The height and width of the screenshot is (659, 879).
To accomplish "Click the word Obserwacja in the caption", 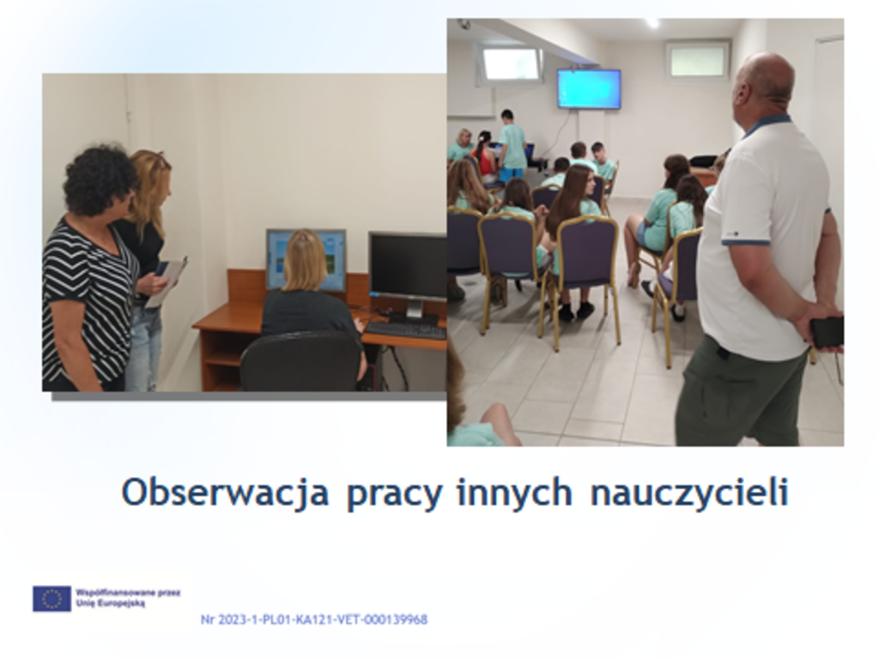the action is [225, 493].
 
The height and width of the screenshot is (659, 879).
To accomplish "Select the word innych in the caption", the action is [515, 493].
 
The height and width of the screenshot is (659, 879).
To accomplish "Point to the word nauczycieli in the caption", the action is [689, 493].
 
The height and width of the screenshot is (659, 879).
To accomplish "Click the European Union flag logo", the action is [52, 598].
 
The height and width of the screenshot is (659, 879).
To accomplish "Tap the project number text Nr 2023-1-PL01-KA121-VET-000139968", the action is [314, 620].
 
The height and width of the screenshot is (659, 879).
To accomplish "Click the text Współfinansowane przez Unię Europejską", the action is [128, 597].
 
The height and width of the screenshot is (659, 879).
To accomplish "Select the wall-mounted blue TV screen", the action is [589, 88].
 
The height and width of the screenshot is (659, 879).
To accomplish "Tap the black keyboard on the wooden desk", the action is [405, 330].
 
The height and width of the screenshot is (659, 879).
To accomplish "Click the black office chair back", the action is [301, 360].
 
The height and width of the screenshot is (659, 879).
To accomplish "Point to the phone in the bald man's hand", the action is [827, 332].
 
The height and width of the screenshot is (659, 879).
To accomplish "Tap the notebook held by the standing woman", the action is [167, 281].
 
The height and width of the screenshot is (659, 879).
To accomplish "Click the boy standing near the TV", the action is [512, 145].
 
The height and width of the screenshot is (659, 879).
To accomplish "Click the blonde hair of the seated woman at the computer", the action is [306, 261].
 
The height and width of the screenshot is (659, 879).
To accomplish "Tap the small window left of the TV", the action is [511, 63].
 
